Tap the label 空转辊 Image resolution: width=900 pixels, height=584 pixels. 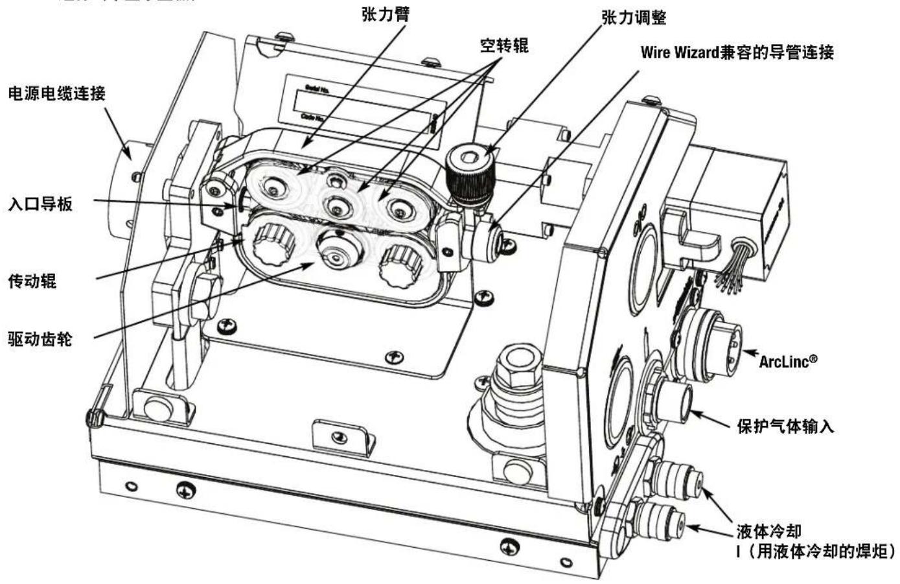point(503,45)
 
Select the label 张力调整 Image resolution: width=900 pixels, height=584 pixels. point(633,18)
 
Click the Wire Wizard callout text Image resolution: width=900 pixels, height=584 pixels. point(737,53)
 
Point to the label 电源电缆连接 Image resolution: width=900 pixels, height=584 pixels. point(56,93)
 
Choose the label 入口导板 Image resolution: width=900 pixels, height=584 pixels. point(40,205)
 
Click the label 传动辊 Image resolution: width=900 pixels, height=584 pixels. point(32,281)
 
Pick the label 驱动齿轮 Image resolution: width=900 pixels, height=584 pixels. point(40,338)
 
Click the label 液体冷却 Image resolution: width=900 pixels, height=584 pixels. point(768,531)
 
